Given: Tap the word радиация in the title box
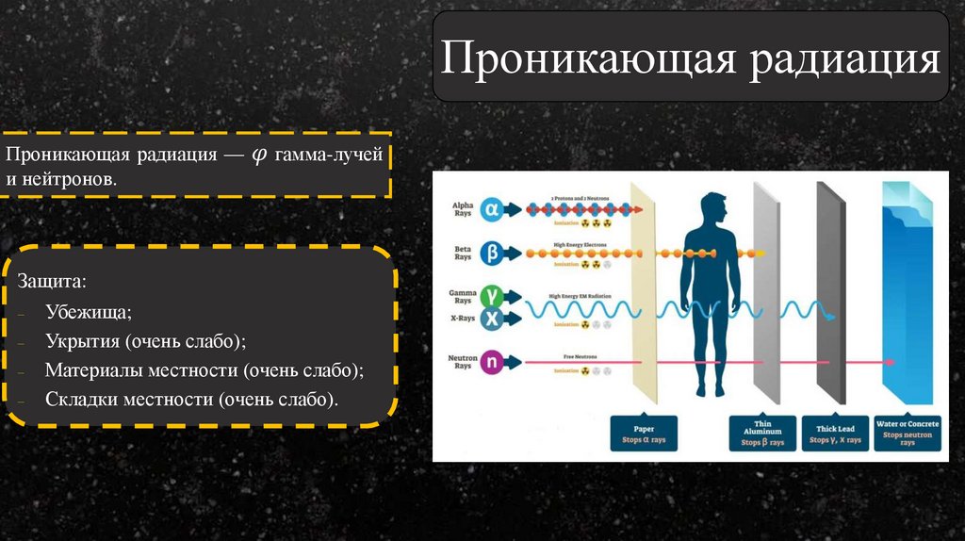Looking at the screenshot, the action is click(844, 59).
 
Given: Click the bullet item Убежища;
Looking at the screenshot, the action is click(89, 312).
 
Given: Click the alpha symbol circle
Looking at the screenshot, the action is click(491, 210).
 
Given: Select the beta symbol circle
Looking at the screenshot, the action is click(491, 254).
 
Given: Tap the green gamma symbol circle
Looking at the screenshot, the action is click(491, 297).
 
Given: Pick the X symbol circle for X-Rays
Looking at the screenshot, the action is click(491, 319).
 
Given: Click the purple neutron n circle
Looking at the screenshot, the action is click(491, 361).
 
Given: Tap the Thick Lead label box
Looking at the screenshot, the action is click(835, 434).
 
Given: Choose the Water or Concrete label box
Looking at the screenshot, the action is click(907, 433).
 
